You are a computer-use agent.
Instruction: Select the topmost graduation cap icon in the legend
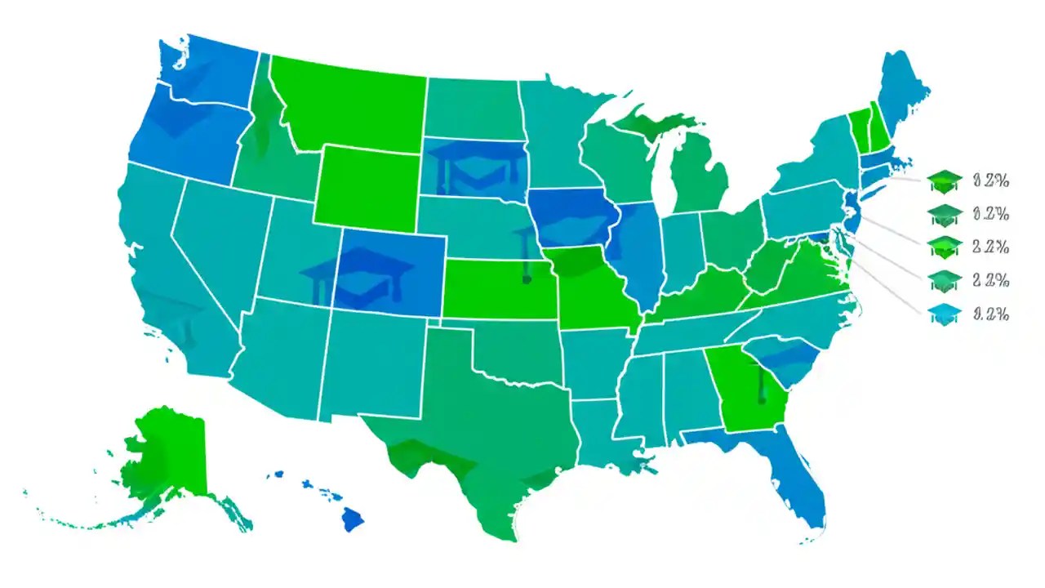[x=946, y=179]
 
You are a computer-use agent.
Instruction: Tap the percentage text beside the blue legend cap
[x=991, y=314]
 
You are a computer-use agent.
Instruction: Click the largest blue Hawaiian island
[x=353, y=518]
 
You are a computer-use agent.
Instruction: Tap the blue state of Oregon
[x=184, y=139]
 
